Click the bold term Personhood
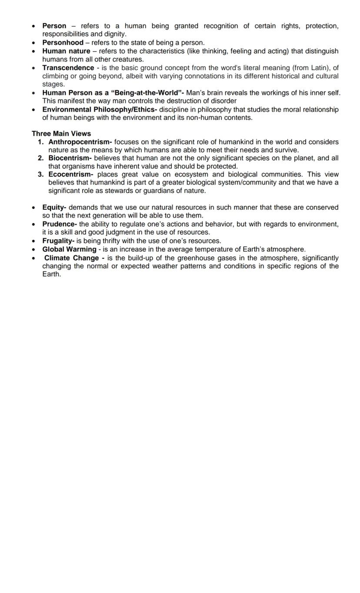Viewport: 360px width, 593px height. click(63, 43)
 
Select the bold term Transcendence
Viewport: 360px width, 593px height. click(68, 68)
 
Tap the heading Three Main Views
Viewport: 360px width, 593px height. click(61, 134)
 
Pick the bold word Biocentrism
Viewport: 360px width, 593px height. click(70, 158)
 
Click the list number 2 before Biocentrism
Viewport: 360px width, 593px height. click(40, 158)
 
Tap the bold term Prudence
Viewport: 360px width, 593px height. click(59, 224)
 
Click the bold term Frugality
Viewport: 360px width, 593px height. click(58, 241)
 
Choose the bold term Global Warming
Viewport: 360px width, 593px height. click(69, 249)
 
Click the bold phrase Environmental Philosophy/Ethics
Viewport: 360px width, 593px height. click(99, 110)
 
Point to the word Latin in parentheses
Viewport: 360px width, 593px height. click(319, 68)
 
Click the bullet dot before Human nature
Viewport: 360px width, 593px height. click(34, 51)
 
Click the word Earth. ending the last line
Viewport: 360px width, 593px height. click(51, 275)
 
